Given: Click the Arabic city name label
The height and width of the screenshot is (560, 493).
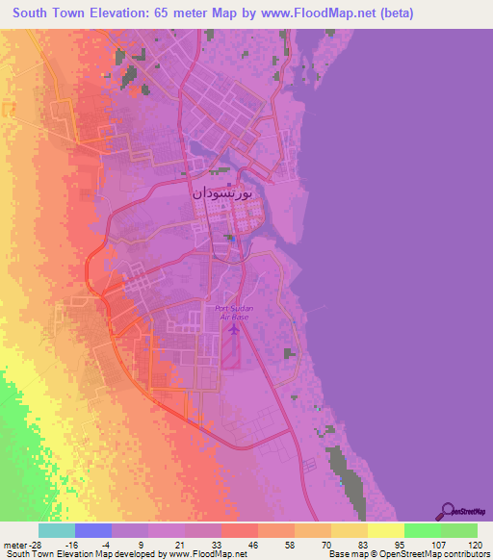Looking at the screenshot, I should (222, 193).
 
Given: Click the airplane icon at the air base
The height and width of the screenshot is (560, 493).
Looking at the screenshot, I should (233, 329).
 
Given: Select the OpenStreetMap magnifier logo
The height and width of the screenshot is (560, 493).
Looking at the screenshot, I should (447, 512).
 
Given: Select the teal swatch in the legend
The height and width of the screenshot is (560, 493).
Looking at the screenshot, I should (57, 530).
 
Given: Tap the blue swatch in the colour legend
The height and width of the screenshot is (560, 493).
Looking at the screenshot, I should (93, 530).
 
